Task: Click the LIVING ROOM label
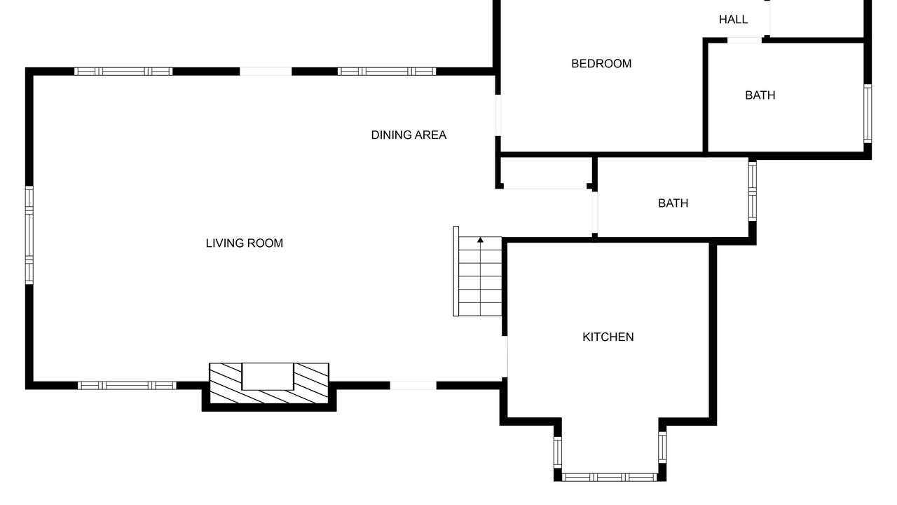point(245,243)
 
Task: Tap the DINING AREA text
point(409,135)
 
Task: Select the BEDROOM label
point(601,64)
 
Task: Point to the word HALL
point(733,20)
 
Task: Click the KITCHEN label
point(608,337)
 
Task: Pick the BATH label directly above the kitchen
point(673,203)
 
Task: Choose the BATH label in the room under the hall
point(760,95)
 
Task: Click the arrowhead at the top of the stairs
point(480,240)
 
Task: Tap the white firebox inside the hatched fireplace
point(268,377)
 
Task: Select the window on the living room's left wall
point(29,235)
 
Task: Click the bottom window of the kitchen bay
point(610,477)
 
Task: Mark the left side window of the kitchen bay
point(557,452)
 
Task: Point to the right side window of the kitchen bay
point(662,447)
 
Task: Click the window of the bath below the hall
point(868,114)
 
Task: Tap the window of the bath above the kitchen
point(753,191)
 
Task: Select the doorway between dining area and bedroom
point(498,116)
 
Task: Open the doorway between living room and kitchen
point(505,357)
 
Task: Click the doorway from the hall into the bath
point(744,40)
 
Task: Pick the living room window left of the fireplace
point(127,386)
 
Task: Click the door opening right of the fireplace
point(413,386)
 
